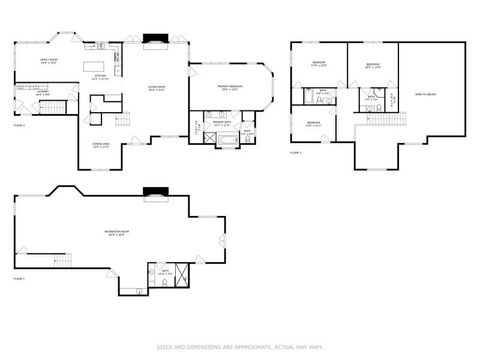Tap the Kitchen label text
[x=100, y=76]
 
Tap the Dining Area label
[x=101, y=147]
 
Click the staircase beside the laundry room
[x=57, y=107]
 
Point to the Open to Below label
[x=427, y=95]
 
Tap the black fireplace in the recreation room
[x=155, y=193]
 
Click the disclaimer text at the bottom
[x=240, y=348]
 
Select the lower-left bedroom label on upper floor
[x=313, y=124]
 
